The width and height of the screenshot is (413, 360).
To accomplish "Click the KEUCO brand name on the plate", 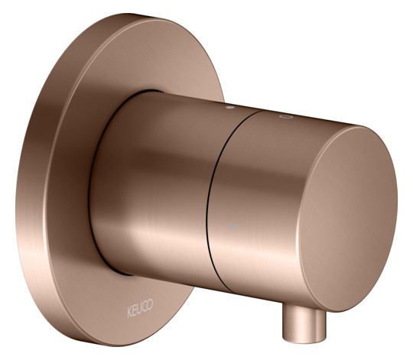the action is click(x=140, y=308).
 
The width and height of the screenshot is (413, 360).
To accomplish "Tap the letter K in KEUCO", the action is click(x=129, y=312).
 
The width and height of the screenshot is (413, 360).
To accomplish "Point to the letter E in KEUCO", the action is click(x=135, y=310).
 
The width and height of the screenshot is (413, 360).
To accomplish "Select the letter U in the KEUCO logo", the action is click(x=140, y=308).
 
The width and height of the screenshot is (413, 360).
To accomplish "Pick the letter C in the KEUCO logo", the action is click(x=145, y=306).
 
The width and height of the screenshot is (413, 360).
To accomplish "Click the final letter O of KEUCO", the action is click(x=151, y=304).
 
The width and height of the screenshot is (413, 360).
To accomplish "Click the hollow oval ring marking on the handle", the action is click(x=286, y=117).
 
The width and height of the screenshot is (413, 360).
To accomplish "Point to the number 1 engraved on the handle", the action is click(x=236, y=226).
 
